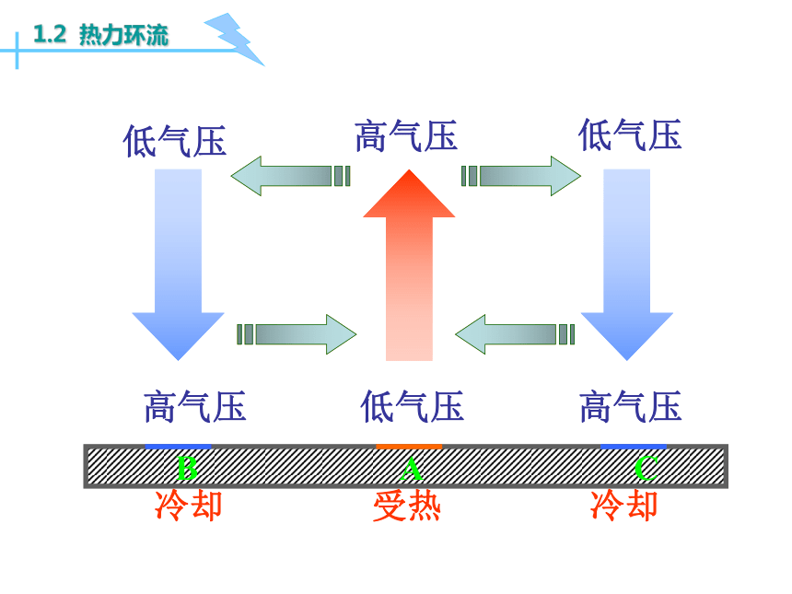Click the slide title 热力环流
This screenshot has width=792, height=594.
pos(123,35)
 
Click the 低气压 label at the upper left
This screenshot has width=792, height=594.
pos(175,141)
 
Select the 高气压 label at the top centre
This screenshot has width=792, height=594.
pos(406,136)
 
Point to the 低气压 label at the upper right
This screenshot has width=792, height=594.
pos(630,134)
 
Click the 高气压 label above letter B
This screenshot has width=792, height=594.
pos(195,406)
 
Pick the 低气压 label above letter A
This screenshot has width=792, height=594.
pos(413,406)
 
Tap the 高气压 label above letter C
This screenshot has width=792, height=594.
pos(630,406)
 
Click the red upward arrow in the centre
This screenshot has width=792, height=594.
pos(409,265)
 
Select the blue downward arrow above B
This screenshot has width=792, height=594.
pos(178,265)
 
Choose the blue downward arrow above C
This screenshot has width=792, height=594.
pos(627,265)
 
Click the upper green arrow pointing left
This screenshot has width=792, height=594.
pos(290,176)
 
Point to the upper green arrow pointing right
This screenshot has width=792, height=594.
pos(520,176)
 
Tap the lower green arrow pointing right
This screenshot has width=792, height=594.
pos(297,334)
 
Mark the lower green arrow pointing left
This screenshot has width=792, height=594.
pos(515,334)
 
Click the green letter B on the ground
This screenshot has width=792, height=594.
pos(187,468)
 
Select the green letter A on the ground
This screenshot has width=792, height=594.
pos(411,468)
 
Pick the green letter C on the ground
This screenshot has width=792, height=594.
pos(646,468)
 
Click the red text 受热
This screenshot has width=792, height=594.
pos(407,507)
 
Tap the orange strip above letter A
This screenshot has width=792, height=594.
pos(409,447)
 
